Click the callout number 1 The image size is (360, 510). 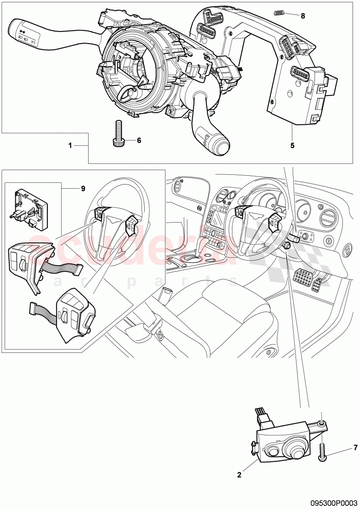pyautogui.click(x=70, y=145)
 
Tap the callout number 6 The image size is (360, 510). pyautogui.click(x=138, y=140)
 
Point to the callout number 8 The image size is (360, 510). pyautogui.click(x=302, y=16)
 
